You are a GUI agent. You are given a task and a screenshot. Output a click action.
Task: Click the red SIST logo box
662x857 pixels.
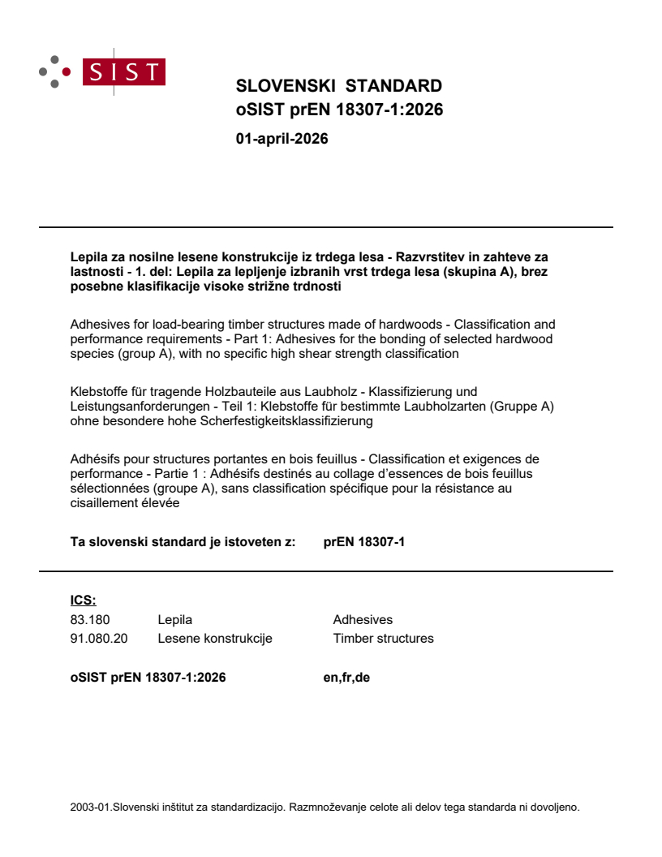[x=125, y=72]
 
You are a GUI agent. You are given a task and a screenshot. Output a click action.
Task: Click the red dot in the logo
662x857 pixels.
[x=67, y=71]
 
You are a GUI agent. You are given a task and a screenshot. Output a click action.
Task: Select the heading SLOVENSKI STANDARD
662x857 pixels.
[x=338, y=87]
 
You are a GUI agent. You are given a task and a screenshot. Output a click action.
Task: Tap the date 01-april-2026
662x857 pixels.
[x=282, y=139]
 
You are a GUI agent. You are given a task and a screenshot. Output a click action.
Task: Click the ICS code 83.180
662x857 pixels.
[x=90, y=619]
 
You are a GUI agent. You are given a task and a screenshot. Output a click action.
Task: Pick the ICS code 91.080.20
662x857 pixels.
[x=99, y=638]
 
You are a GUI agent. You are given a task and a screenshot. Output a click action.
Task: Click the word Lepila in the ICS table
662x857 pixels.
[x=174, y=619]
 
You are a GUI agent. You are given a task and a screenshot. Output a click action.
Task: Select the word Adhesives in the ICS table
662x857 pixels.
[x=363, y=619]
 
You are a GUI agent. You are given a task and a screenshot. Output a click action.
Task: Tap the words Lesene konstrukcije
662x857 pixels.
[x=215, y=638]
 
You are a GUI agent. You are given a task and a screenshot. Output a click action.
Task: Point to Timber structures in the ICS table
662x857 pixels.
[x=383, y=638]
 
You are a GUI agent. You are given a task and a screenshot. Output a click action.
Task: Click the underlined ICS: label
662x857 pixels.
[x=83, y=601]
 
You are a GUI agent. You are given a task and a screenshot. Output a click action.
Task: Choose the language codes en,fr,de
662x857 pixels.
[x=346, y=677]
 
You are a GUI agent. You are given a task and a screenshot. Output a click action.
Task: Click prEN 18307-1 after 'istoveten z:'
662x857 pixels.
[x=363, y=541]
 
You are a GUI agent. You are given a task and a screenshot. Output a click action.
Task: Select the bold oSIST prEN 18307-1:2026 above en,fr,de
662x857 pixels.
[x=148, y=677]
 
